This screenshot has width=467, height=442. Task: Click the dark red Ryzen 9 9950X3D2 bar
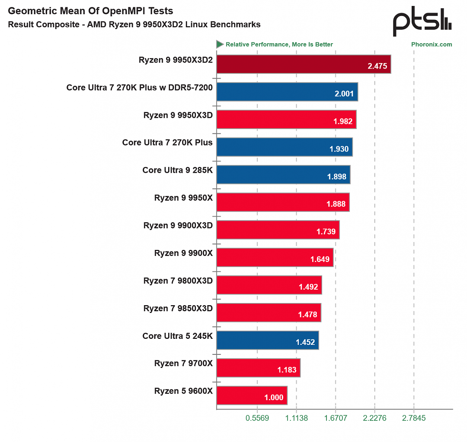coord(304,64)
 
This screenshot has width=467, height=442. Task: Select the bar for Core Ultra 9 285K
coord(283,174)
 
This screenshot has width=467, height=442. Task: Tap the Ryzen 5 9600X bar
coord(252,395)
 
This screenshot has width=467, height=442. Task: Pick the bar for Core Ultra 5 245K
coord(268,340)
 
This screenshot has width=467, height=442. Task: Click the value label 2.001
coord(344,94)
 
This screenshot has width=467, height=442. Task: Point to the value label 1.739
coord(326,231)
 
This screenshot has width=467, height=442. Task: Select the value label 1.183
coord(287,370)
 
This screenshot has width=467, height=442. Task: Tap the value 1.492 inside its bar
coord(308,287)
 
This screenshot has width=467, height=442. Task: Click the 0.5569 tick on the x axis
coord(257,418)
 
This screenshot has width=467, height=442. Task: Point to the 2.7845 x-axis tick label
coord(414,418)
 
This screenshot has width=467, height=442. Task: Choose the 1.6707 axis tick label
coord(336,418)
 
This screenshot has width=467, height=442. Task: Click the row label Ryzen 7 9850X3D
coord(178,308)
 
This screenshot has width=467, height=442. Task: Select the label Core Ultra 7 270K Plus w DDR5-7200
coord(139,87)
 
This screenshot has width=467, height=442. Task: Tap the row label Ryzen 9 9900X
coord(183,253)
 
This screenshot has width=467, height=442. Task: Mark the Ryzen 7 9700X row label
coord(183,363)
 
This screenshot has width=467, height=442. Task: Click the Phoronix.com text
coord(432,44)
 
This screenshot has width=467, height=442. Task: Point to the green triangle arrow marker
coord(220,44)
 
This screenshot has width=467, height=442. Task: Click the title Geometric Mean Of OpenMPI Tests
coord(90,11)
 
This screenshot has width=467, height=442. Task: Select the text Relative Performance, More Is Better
coord(279,44)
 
